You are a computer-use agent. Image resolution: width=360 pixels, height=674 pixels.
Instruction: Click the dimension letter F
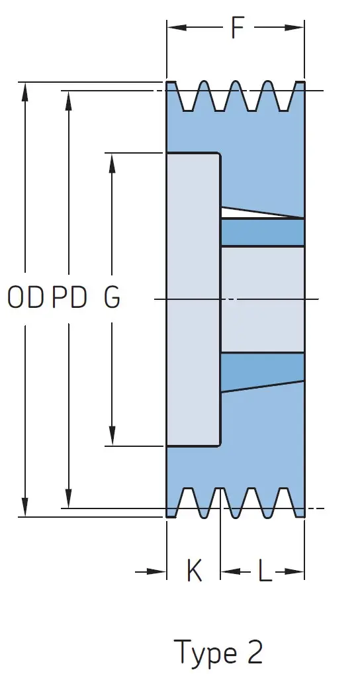[238, 28]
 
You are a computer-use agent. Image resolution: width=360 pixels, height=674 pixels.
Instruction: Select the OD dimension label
[26, 297]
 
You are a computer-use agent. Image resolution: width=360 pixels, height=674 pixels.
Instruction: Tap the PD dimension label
[69, 297]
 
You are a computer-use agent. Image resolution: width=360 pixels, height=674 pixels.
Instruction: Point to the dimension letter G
[112, 297]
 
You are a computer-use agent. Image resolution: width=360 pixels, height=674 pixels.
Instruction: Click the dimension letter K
[194, 571]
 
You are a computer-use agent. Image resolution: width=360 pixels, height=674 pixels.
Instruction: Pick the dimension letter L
[265, 571]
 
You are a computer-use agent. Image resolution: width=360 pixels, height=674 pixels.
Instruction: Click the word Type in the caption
[205, 653]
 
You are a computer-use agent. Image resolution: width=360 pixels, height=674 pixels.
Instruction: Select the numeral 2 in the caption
[255, 651]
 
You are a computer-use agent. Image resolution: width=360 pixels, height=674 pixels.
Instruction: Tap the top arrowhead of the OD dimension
[25, 91]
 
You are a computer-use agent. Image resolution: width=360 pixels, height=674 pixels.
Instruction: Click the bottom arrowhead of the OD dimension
[25, 506]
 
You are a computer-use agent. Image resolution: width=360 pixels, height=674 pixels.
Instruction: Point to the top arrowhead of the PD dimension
[69, 100]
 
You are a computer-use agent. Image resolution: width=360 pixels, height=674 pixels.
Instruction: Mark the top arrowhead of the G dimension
[112, 162]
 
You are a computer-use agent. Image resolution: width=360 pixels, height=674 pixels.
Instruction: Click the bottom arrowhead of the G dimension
[112, 436]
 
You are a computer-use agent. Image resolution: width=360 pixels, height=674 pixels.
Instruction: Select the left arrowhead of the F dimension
[177, 28]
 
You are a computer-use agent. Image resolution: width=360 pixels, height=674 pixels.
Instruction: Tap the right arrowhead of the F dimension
[294, 28]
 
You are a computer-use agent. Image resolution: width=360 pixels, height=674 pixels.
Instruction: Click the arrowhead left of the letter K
[156, 571]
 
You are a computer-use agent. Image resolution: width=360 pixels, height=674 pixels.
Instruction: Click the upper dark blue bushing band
[263, 232]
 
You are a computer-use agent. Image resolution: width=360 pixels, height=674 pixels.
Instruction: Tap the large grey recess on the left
[193, 299]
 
